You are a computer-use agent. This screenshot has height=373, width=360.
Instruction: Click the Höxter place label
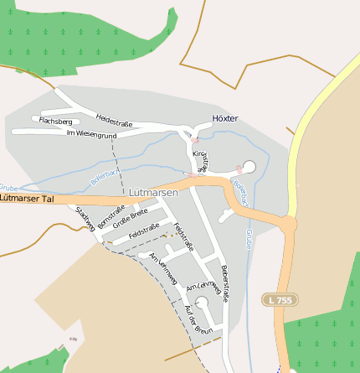click(225, 118)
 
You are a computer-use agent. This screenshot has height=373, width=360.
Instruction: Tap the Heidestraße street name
click(115, 121)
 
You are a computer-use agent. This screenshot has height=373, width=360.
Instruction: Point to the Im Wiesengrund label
click(90, 134)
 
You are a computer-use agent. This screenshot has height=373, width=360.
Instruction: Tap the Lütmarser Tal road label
click(27, 199)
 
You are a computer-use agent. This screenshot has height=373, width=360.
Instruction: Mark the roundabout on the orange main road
click(288, 225)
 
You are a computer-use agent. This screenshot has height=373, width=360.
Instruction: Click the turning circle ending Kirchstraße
click(249, 166)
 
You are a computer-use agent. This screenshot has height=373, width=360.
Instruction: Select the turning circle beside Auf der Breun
click(201, 303)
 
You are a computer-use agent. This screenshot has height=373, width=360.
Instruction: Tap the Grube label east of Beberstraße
click(249, 239)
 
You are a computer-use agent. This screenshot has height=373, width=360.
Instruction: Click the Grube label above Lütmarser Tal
click(8, 188)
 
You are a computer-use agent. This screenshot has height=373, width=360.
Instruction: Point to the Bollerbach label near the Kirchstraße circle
click(240, 193)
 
